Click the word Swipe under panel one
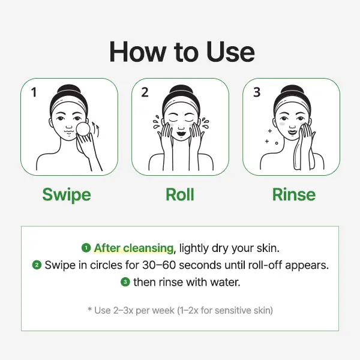[x=67, y=194]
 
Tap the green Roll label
[x=180, y=194]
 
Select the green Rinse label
[x=294, y=194]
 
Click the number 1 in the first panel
[x=34, y=92]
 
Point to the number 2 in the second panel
[x=145, y=92]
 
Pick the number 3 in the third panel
[x=257, y=92]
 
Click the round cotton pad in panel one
[x=83, y=129]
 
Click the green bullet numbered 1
[x=86, y=248]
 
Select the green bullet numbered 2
[x=37, y=265]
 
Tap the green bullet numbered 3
[x=125, y=282]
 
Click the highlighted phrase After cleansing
[x=134, y=248]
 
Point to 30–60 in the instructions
[x=159, y=265]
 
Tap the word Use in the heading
[x=230, y=52]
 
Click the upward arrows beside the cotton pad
[x=96, y=130]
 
